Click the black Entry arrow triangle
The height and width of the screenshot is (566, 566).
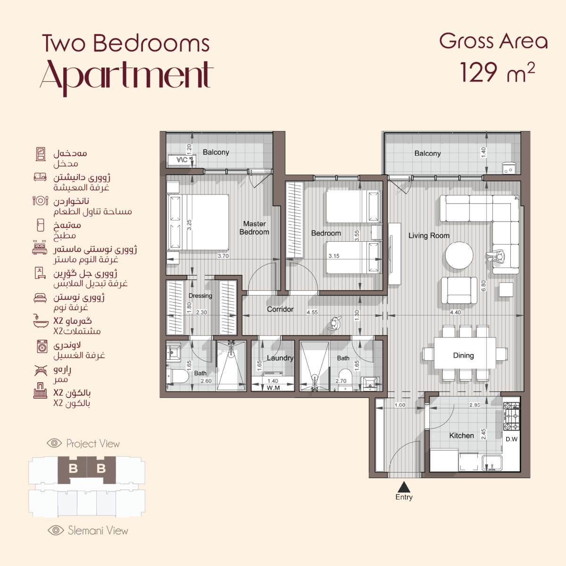point(404,487)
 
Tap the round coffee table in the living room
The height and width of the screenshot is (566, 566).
point(459,255)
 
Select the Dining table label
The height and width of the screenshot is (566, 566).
point(464,355)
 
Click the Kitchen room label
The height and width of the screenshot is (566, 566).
point(461,435)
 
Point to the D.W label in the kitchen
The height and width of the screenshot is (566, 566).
point(511,439)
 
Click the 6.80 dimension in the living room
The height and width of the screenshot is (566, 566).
point(483,286)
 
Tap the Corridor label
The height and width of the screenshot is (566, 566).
point(280,309)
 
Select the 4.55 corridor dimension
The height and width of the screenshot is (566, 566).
point(312,312)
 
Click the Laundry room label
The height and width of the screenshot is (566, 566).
point(280,358)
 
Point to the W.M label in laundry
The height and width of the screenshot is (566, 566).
point(273,388)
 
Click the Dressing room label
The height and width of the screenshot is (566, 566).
point(200,296)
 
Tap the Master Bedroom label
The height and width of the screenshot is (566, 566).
point(254,228)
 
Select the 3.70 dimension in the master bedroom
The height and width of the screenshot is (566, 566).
point(223,256)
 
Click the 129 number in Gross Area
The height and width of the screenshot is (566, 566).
point(478,72)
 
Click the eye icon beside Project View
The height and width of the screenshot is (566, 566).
point(54,443)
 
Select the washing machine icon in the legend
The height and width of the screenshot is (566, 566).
point(42,346)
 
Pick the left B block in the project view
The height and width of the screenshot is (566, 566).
point(73,468)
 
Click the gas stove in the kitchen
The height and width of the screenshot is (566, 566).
point(511,416)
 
